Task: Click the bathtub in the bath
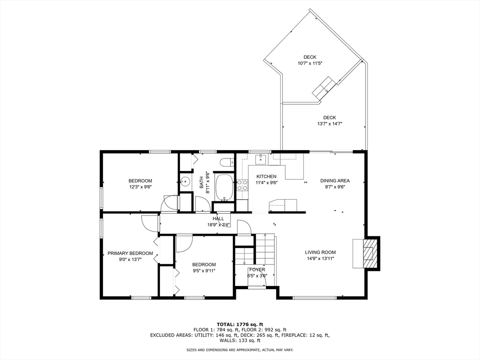(225, 187)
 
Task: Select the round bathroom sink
(185, 181)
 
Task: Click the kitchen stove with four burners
(242, 185)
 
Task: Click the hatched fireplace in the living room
(368, 253)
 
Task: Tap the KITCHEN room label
(266, 177)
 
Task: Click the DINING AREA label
(335, 180)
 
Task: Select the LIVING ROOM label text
(320, 253)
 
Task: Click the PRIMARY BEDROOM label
(130, 254)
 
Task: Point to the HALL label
(218, 218)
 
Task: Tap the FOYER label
(257, 270)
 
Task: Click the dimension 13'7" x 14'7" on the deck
(330, 124)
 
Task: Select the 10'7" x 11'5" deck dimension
(310, 63)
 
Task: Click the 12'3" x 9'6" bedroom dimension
(140, 187)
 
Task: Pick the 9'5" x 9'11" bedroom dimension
(204, 270)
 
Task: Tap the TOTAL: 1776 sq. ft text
(240, 324)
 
